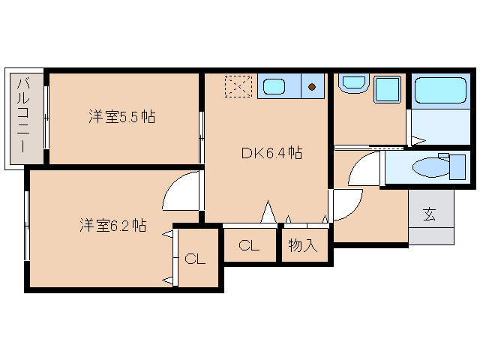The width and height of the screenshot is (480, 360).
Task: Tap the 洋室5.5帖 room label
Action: click(121, 117)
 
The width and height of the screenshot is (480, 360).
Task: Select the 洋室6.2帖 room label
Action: click(112, 225)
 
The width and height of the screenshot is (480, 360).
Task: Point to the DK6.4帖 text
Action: click(271, 154)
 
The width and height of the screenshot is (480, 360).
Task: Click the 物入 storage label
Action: click(304, 245)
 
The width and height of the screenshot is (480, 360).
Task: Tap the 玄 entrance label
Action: click(430, 215)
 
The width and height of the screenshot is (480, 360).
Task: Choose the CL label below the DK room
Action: click(250, 245)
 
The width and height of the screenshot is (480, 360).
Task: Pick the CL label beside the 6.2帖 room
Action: click(195, 259)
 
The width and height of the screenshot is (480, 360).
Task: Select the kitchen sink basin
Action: click(274, 87)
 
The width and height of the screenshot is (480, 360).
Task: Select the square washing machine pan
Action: click(387, 91)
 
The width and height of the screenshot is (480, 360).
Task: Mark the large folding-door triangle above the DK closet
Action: click(267, 212)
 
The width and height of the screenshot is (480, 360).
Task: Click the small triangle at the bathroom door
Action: click(418, 139)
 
